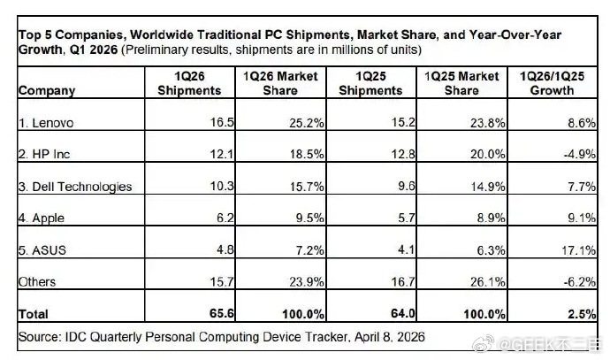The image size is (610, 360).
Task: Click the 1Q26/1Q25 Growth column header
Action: pyautogui.click(x=557, y=82)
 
